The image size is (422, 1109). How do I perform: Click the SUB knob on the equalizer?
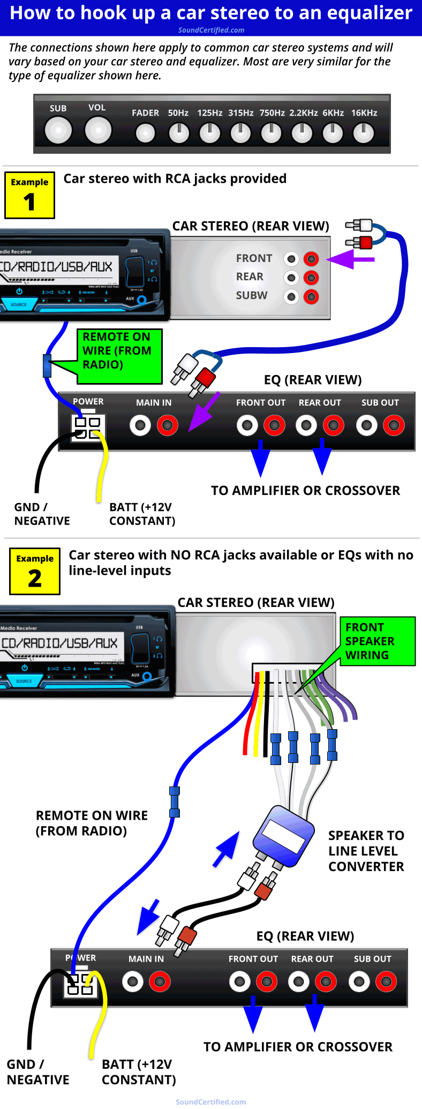[58, 130]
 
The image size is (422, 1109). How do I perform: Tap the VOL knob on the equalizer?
[98, 130]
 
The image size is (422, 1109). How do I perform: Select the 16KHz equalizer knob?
[364, 133]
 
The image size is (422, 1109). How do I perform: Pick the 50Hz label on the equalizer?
[178, 113]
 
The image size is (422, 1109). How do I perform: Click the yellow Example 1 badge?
[29, 195]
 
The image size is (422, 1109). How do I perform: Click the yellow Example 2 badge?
[35, 572]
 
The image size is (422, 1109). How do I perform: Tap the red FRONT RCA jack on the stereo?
[311, 259]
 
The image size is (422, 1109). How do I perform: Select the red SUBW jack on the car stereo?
[311, 296]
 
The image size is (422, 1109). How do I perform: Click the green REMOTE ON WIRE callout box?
[119, 356]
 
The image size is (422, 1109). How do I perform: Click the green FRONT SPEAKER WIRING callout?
[378, 641]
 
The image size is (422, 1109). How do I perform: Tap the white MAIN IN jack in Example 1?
[140, 426]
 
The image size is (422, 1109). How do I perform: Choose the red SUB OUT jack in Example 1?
[394, 426]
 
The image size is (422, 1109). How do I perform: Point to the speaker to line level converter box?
[284, 836]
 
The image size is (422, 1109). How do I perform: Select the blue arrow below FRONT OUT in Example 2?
[253, 1015]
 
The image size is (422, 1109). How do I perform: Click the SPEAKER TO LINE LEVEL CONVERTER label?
[366, 851]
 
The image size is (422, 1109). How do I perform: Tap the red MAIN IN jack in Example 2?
[160, 982]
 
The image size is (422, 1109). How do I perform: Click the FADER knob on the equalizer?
[145, 133]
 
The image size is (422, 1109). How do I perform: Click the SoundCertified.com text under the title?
[211, 30]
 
